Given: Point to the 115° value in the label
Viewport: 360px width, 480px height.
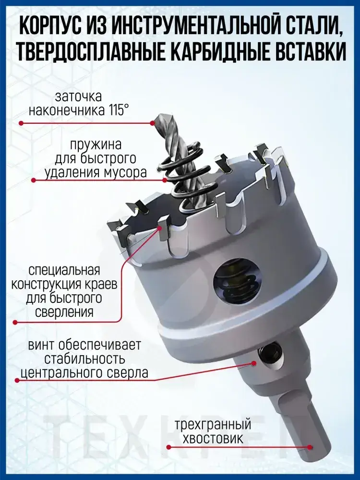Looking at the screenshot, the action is pos(116,110).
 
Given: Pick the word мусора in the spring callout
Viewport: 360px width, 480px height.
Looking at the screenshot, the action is pos(124,173).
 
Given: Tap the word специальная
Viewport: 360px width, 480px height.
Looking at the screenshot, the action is pos(64,271).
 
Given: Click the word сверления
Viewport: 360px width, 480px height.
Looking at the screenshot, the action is pos(64,312).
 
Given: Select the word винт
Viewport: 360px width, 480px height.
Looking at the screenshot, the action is pos(41,345).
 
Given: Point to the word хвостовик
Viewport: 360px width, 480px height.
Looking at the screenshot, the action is pos(213,439).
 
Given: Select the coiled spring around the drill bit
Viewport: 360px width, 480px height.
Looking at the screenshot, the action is pos(180,178).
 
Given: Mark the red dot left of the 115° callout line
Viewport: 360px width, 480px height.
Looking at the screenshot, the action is pos(21,123).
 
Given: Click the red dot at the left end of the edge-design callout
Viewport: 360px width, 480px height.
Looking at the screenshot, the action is pos(15,322).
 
